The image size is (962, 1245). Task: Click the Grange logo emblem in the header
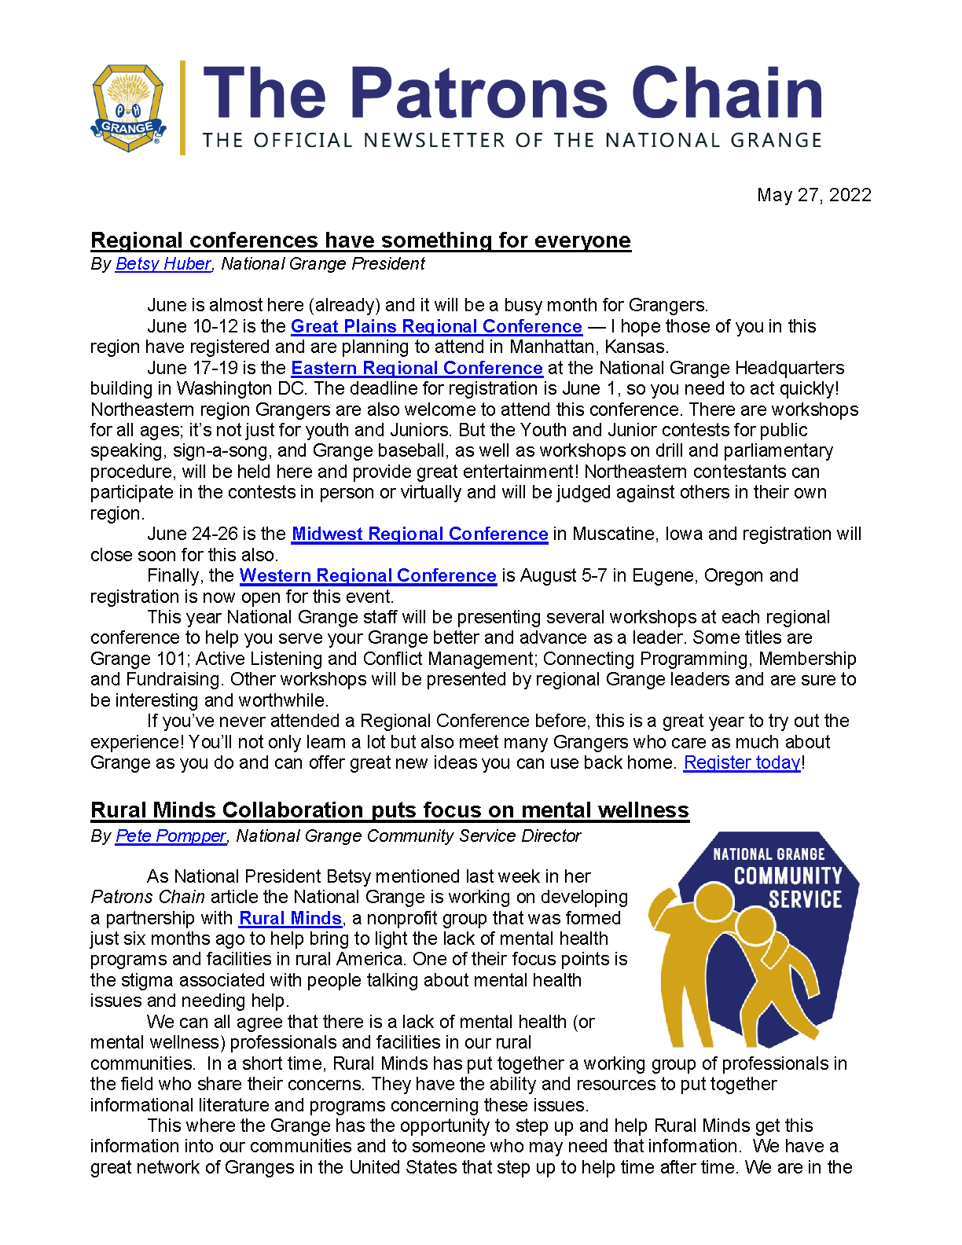(x=128, y=108)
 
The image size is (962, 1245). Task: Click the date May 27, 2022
(x=813, y=195)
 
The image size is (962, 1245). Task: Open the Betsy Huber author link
(x=163, y=264)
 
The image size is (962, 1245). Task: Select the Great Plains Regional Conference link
(x=436, y=326)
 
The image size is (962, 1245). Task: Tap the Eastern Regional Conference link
(x=417, y=368)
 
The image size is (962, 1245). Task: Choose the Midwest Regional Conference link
(x=420, y=534)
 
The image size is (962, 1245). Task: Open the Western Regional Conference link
(x=368, y=576)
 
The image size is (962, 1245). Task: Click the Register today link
(x=742, y=762)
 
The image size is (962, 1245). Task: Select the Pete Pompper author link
(x=171, y=836)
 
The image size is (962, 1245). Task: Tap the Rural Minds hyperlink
(x=290, y=918)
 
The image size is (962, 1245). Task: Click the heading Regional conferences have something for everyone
(x=361, y=241)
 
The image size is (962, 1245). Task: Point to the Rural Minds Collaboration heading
(x=390, y=810)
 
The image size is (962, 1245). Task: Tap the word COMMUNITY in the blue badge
(x=788, y=876)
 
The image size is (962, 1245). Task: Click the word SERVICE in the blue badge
(x=805, y=900)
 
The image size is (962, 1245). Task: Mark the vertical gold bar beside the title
(x=183, y=108)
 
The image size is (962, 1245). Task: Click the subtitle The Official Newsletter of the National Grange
(x=512, y=141)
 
